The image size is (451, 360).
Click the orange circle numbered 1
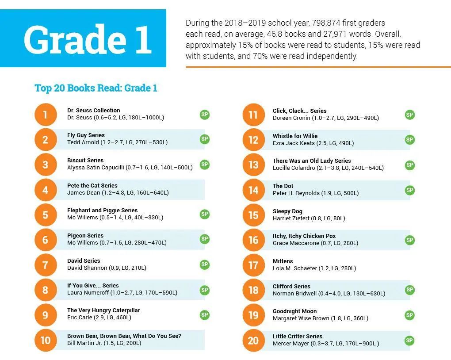pyautogui.click(x=45, y=115)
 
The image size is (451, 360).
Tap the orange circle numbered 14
pyautogui.click(x=253, y=190)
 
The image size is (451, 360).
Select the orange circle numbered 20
pyautogui.click(x=253, y=341)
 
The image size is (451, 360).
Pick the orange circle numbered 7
pyautogui.click(x=45, y=265)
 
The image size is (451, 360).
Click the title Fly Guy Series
pyautogui.click(x=86, y=135)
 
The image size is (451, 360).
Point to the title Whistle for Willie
pyautogui.click(x=295, y=136)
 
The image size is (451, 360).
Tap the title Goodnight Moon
pyautogui.click(x=294, y=311)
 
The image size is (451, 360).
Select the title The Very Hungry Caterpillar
pyautogui.click(x=103, y=310)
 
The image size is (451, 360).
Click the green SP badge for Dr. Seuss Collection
pyautogui.click(x=204, y=115)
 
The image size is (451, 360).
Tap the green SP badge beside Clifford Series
pyautogui.click(x=410, y=290)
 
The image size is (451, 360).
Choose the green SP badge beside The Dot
pyautogui.click(x=410, y=190)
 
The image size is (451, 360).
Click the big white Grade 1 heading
pyautogui.click(x=87, y=39)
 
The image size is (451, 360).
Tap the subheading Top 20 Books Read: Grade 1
pyautogui.click(x=96, y=88)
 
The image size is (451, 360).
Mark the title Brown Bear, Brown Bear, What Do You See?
pyautogui.click(x=124, y=336)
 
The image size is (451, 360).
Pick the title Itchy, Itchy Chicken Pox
pyautogui.click(x=304, y=236)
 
